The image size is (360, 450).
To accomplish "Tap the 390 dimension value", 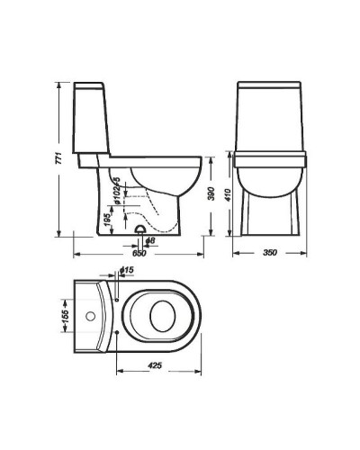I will (212, 193).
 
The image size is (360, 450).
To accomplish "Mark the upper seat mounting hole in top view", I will (119, 298).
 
